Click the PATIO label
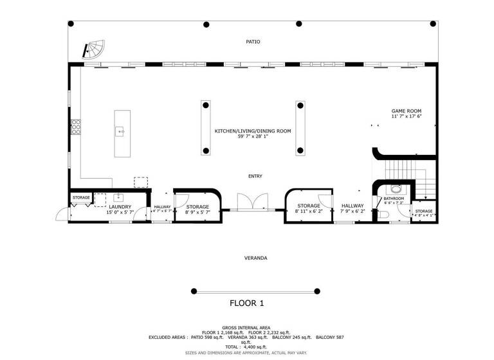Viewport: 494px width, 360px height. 253,42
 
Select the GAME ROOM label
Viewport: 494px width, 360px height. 406,111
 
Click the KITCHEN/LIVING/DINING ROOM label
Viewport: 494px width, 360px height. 253,130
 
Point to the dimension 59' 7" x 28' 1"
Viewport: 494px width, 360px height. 253,136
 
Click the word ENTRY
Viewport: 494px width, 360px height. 255,176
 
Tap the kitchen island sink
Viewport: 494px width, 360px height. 120,132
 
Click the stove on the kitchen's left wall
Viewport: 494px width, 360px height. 76,127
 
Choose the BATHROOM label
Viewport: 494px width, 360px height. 393,199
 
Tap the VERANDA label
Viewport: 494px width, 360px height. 255,258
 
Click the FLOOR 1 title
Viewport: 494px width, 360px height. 247,303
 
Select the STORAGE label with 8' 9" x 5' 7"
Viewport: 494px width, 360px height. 197,206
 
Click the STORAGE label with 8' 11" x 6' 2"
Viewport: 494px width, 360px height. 309,206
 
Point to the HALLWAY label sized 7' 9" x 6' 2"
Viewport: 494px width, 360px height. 352,206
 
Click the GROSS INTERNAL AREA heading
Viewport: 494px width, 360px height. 247,327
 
